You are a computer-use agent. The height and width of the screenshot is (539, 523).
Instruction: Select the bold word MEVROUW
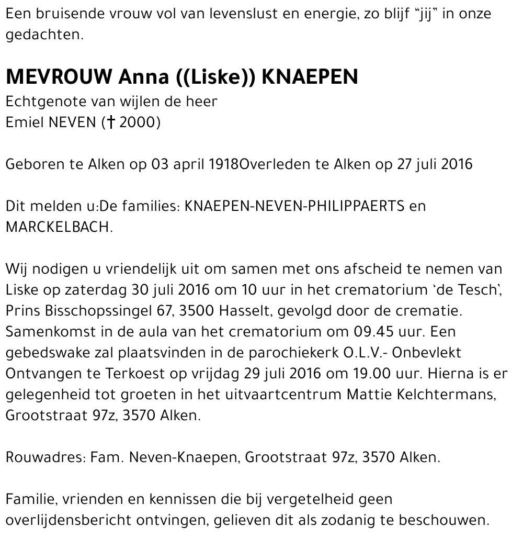[x=58, y=77]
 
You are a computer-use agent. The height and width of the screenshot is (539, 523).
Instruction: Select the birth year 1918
[x=223, y=164]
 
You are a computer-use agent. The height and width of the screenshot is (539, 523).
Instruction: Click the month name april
[x=189, y=164]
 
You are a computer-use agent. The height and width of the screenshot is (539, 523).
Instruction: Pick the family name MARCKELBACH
[x=59, y=228]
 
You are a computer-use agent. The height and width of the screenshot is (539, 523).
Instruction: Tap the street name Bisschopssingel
[x=100, y=311]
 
